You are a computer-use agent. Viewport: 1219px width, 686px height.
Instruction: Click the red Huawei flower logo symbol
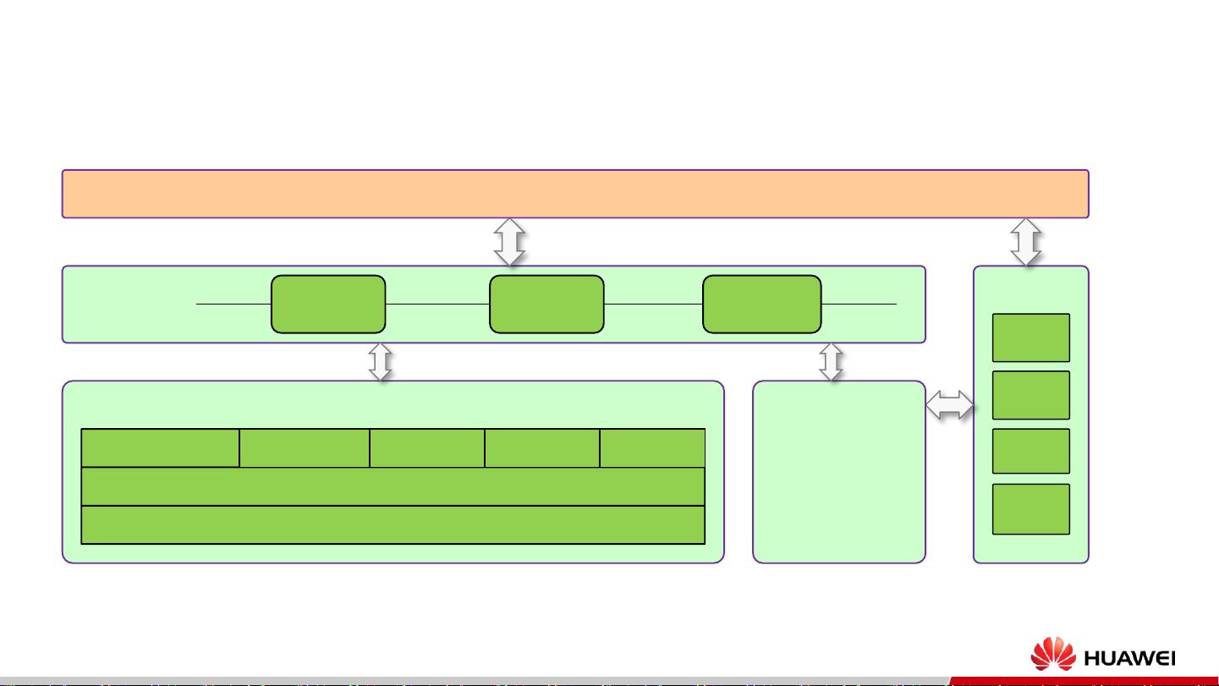tap(1052, 656)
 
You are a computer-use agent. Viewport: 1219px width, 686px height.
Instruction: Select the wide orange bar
tap(574, 194)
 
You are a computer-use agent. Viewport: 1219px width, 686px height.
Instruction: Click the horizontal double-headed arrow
tap(949, 407)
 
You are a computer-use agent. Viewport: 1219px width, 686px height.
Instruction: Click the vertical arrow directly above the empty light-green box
tap(832, 362)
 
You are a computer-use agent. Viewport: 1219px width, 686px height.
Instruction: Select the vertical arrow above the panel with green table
tap(381, 362)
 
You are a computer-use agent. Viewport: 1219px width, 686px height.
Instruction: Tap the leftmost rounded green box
tap(328, 304)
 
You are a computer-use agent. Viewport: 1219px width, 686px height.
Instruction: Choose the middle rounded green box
tap(546, 304)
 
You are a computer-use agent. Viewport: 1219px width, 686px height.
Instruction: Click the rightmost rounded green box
tap(761, 304)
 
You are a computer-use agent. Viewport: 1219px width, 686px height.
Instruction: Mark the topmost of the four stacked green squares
tap(1030, 338)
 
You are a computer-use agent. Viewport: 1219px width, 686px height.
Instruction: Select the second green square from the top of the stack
tap(1030, 395)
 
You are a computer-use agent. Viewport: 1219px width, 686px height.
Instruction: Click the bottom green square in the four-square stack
tap(1030, 509)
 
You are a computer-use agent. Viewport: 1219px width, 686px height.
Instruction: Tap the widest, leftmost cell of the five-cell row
tap(160, 447)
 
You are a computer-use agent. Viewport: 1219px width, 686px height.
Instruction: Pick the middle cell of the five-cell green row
tap(427, 447)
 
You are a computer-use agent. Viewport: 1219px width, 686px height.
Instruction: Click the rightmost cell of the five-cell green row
tap(652, 447)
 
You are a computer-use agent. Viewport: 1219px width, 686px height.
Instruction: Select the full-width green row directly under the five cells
tap(393, 486)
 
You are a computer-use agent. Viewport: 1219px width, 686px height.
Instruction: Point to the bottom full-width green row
tap(393, 524)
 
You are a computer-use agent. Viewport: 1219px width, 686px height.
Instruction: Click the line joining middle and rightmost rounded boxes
tap(653, 303)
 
